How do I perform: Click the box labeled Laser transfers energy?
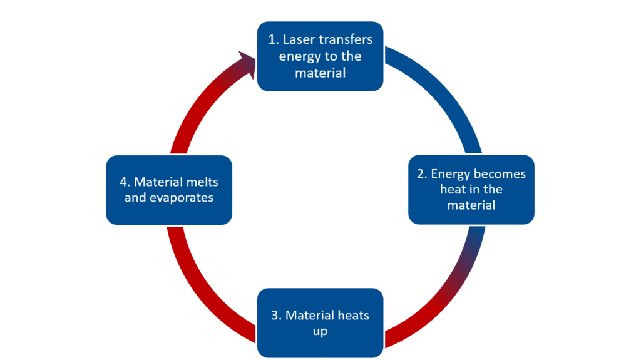coord(320,56)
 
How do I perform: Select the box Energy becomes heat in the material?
coord(471,190)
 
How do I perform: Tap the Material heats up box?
coord(320,323)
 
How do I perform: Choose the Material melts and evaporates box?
coord(169,190)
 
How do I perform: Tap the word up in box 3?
coord(320,332)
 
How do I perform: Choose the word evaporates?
coord(182,198)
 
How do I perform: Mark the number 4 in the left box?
coord(123,182)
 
